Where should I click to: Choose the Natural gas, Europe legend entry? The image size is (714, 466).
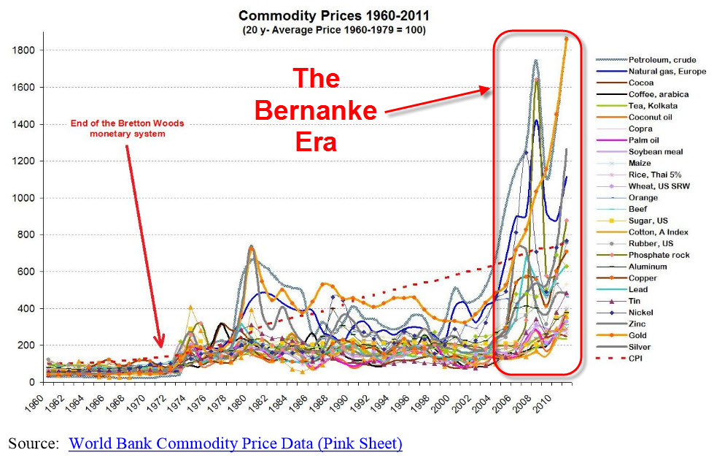666,71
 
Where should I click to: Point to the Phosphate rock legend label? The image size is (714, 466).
659,255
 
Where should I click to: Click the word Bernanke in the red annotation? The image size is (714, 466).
315,111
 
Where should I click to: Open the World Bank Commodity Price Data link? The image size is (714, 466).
236,443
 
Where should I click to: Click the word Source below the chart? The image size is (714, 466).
33,443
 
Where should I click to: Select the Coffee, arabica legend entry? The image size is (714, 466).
659,94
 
